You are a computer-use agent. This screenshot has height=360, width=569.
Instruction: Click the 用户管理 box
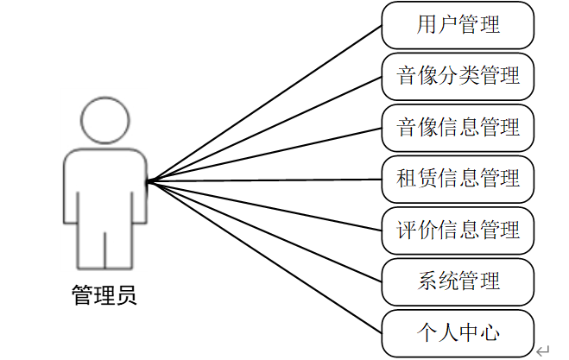coord(458,26)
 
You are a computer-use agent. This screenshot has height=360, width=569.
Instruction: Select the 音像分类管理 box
coord(458,77)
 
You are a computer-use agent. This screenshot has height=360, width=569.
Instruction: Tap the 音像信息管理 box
coord(458,128)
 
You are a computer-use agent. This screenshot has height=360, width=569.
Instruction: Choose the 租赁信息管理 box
coord(458,179)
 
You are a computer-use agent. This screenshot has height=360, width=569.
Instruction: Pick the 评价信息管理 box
coord(458,231)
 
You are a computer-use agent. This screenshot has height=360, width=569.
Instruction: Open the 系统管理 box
coord(458,281)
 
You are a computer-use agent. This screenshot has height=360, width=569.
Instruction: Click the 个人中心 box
coord(458,332)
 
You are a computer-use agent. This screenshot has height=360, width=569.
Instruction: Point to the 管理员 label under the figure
coord(104,296)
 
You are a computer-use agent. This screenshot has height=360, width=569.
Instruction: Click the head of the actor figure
coord(104,122)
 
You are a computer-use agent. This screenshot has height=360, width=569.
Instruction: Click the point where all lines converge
coord(148,181)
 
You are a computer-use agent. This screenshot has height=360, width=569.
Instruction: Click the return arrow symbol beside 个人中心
coord(542,350)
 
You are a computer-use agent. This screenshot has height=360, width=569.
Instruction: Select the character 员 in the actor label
coord(126,296)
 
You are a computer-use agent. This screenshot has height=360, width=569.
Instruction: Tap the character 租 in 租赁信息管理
coord(406,179)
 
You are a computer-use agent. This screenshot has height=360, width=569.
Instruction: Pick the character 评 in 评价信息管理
coord(406,231)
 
